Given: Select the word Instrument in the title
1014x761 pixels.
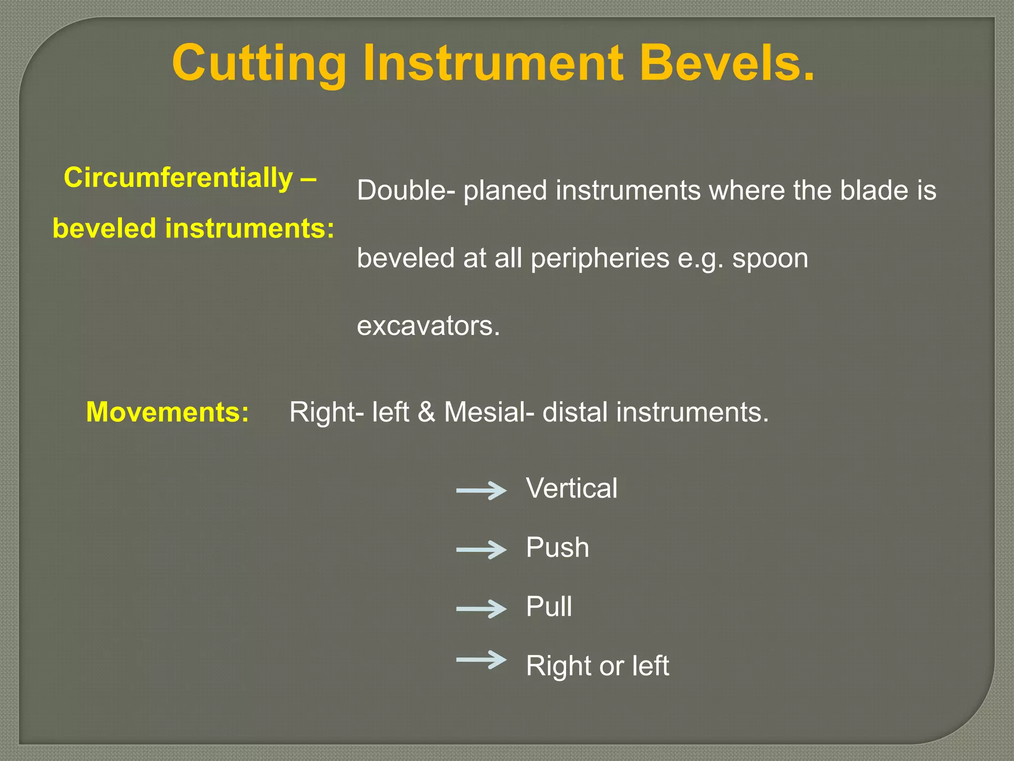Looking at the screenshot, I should pos(493,63).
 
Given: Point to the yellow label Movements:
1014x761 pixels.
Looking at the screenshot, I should pos(167,412).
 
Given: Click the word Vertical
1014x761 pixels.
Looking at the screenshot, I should pos(571,488).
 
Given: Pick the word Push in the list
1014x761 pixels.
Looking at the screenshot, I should pos(558,547).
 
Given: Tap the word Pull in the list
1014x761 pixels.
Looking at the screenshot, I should pos(549,606).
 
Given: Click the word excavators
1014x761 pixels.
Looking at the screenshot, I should pos(428,326).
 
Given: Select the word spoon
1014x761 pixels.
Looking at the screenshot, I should pos(770,259).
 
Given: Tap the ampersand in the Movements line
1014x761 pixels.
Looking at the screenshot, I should pos(426,412).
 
